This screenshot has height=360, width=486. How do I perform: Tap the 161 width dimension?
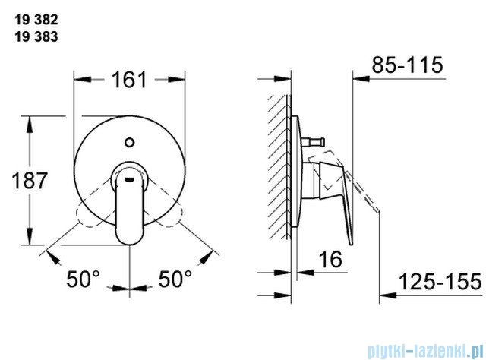(x=130, y=79)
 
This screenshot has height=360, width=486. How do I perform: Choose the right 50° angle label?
(x=175, y=279)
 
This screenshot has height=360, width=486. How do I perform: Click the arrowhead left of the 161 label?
(x=78, y=79)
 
